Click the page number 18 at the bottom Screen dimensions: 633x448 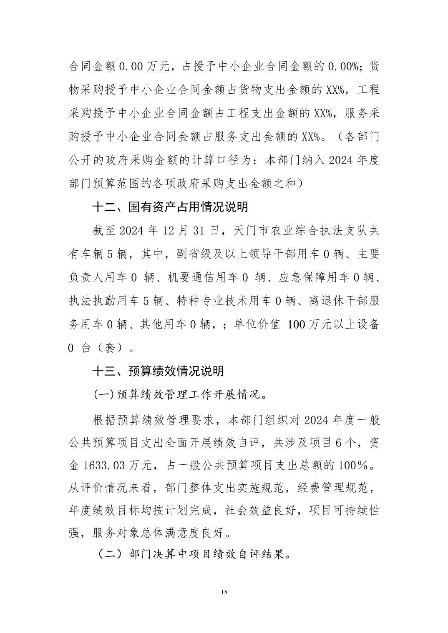pyautogui.click(x=224, y=592)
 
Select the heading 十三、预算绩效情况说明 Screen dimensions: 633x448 pyautogui.click(x=158, y=371)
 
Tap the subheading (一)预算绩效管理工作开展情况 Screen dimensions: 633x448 pyautogui.click(x=179, y=394)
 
